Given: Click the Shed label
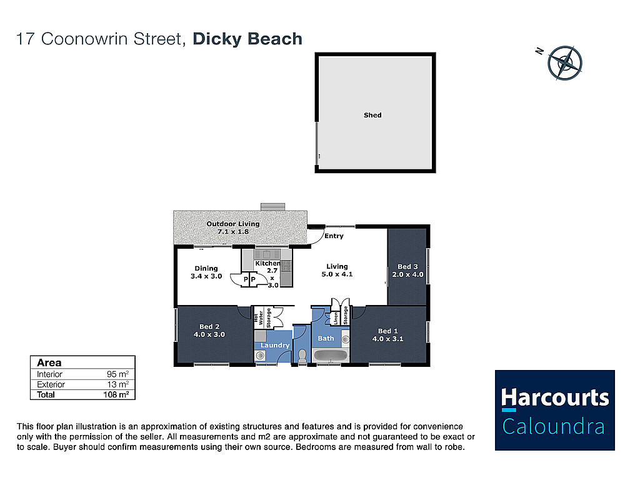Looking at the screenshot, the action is [x=372, y=115].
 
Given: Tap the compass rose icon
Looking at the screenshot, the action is [x=564, y=63].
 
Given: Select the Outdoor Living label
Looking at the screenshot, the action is [x=232, y=227].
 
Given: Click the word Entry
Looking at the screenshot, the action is [x=334, y=236].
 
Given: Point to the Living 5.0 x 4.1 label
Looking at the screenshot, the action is [x=337, y=270].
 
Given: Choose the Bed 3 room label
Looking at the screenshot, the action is [x=407, y=271].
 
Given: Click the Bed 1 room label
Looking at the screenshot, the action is [x=387, y=335].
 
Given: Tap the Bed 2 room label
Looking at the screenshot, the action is [x=209, y=331].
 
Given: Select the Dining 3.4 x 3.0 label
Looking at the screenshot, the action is [x=206, y=272].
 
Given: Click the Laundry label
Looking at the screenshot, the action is [x=275, y=345].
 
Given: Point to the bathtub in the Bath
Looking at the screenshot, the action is [x=331, y=356].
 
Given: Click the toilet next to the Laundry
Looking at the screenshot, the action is [x=302, y=356].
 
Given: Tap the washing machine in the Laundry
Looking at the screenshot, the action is [x=260, y=356].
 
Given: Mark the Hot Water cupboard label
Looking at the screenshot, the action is [x=258, y=318].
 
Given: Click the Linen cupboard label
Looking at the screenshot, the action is [x=336, y=318].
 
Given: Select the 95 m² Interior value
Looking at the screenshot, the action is [x=117, y=374].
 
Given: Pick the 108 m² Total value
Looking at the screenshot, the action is [x=116, y=394].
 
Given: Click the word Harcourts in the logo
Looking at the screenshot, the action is [x=555, y=397].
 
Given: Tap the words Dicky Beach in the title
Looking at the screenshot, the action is [x=247, y=39].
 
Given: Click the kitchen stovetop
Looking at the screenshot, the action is [x=286, y=266].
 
